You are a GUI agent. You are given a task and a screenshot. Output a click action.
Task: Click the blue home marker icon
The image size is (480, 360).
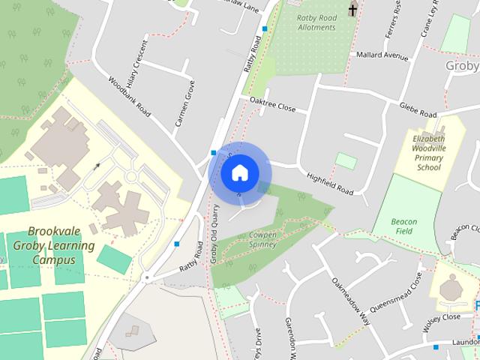click(x=238, y=172)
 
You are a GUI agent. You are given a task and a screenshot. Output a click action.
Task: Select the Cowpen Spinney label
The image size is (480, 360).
click(x=262, y=239)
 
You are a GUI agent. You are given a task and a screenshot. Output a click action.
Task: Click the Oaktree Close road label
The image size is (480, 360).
click(x=272, y=105)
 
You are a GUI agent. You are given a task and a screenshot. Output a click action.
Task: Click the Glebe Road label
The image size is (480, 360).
click(x=418, y=110)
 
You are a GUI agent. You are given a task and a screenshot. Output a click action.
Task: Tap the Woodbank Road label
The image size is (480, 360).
click(x=129, y=96)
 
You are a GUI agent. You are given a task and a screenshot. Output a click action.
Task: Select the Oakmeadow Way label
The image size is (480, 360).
click(x=351, y=300)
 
